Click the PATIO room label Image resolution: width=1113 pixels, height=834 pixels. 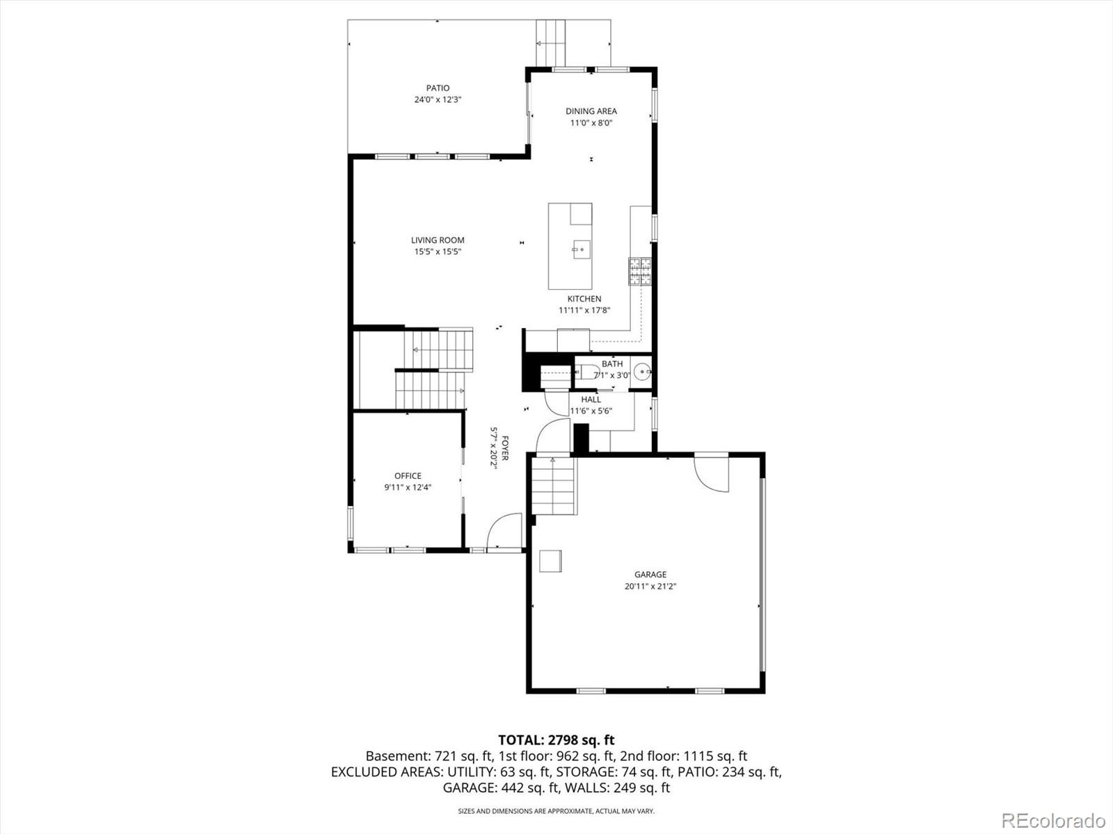pyautogui.click(x=438, y=88)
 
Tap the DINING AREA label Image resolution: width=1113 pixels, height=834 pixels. pyautogui.click(x=591, y=111)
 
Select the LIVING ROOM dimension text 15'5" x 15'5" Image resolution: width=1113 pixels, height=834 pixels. pyautogui.click(x=438, y=252)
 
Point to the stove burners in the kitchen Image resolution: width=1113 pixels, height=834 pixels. pyautogui.click(x=641, y=272)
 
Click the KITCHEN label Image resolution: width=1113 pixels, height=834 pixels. pyautogui.click(x=584, y=299)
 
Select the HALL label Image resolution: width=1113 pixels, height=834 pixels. pyautogui.click(x=591, y=400)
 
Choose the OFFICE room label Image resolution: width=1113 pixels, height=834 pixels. pyautogui.click(x=408, y=476)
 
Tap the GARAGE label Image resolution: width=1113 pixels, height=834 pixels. pyautogui.click(x=650, y=575)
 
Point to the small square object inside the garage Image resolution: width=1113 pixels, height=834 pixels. pyautogui.click(x=552, y=561)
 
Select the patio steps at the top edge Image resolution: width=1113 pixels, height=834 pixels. pyautogui.click(x=552, y=42)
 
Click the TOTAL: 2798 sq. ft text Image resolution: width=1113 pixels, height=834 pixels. pyautogui.click(x=556, y=740)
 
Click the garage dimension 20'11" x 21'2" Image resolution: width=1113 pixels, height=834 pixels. pyautogui.click(x=650, y=587)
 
